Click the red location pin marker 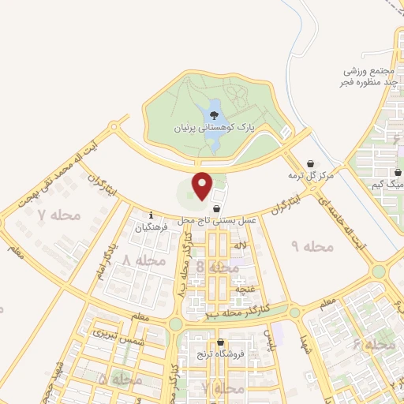pyautogui.click(x=203, y=186)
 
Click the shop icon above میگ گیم pyautogui.click(x=398, y=171)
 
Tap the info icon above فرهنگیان pyautogui.click(x=151, y=215)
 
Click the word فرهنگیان pyautogui.click(x=151, y=227)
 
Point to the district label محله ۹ pyautogui.click(x=312, y=247)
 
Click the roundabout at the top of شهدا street pyautogui.click(x=294, y=312)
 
